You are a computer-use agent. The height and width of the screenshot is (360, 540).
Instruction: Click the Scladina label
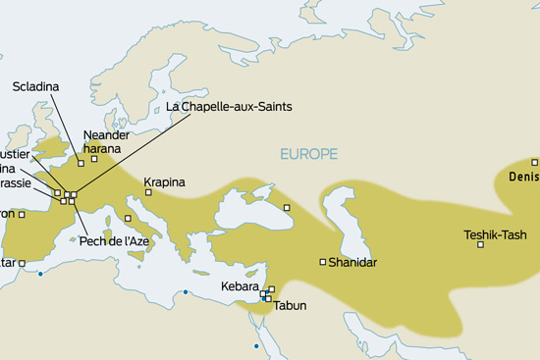click(x=36, y=87)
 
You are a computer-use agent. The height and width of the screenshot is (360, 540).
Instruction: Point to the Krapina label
click(x=164, y=182)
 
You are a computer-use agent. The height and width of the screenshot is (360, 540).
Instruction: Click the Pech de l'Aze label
click(x=114, y=241)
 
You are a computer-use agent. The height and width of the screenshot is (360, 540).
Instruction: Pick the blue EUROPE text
click(x=308, y=154)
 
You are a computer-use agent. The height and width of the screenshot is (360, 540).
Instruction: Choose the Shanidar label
click(x=352, y=263)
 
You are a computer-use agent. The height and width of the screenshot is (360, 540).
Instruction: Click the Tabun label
click(x=290, y=306)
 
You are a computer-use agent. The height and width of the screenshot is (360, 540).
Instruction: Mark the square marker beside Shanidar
click(x=323, y=262)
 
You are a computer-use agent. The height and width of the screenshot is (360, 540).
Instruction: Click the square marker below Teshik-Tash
click(x=480, y=244)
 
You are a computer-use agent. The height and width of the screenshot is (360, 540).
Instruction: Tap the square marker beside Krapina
click(x=147, y=193)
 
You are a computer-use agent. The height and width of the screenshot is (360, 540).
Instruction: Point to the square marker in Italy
click(x=127, y=218)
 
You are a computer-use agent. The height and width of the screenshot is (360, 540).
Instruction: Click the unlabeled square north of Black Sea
click(x=288, y=207)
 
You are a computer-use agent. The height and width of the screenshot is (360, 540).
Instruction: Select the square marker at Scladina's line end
click(x=81, y=162)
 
